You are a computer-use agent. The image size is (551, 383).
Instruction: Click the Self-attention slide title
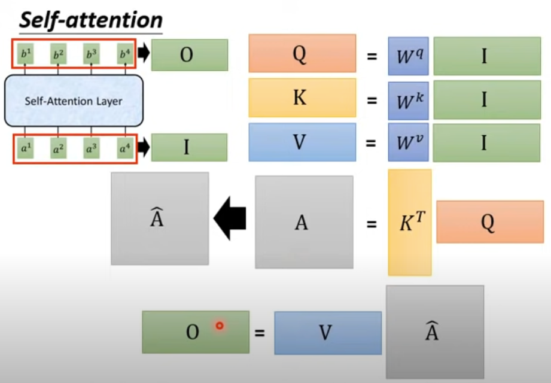[x=91, y=20]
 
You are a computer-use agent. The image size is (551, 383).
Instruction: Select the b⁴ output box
[x=124, y=54]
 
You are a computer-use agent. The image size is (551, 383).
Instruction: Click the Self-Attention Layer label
[x=74, y=101]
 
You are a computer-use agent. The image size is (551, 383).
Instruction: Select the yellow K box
[x=302, y=98]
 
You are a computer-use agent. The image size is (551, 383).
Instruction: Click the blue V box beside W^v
[x=302, y=142]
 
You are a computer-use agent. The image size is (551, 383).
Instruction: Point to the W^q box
[x=408, y=56]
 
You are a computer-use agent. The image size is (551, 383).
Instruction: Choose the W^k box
[x=408, y=99]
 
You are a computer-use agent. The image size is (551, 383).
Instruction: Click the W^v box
[x=408, y=142]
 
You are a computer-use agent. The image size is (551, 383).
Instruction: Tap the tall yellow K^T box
[x=410, y=222]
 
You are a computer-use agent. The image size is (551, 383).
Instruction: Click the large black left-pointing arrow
[x=230, y=219]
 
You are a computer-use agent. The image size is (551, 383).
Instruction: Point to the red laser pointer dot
[x=220, y=326]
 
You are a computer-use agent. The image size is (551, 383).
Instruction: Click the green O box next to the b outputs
[x=189, y=55]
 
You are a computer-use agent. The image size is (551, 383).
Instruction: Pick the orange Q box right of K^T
[x=489, y=221]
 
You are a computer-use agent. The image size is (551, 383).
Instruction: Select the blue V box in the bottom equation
[x=327, y=333]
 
